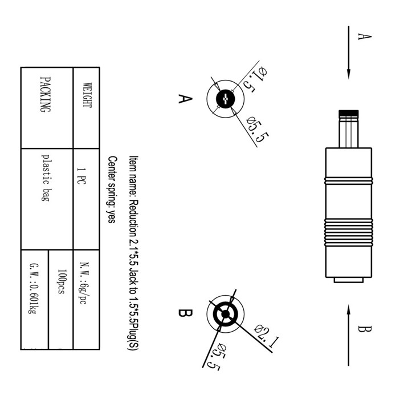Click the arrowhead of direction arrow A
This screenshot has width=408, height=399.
349,74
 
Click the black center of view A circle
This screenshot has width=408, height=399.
226,99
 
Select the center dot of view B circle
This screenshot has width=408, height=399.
225,314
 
